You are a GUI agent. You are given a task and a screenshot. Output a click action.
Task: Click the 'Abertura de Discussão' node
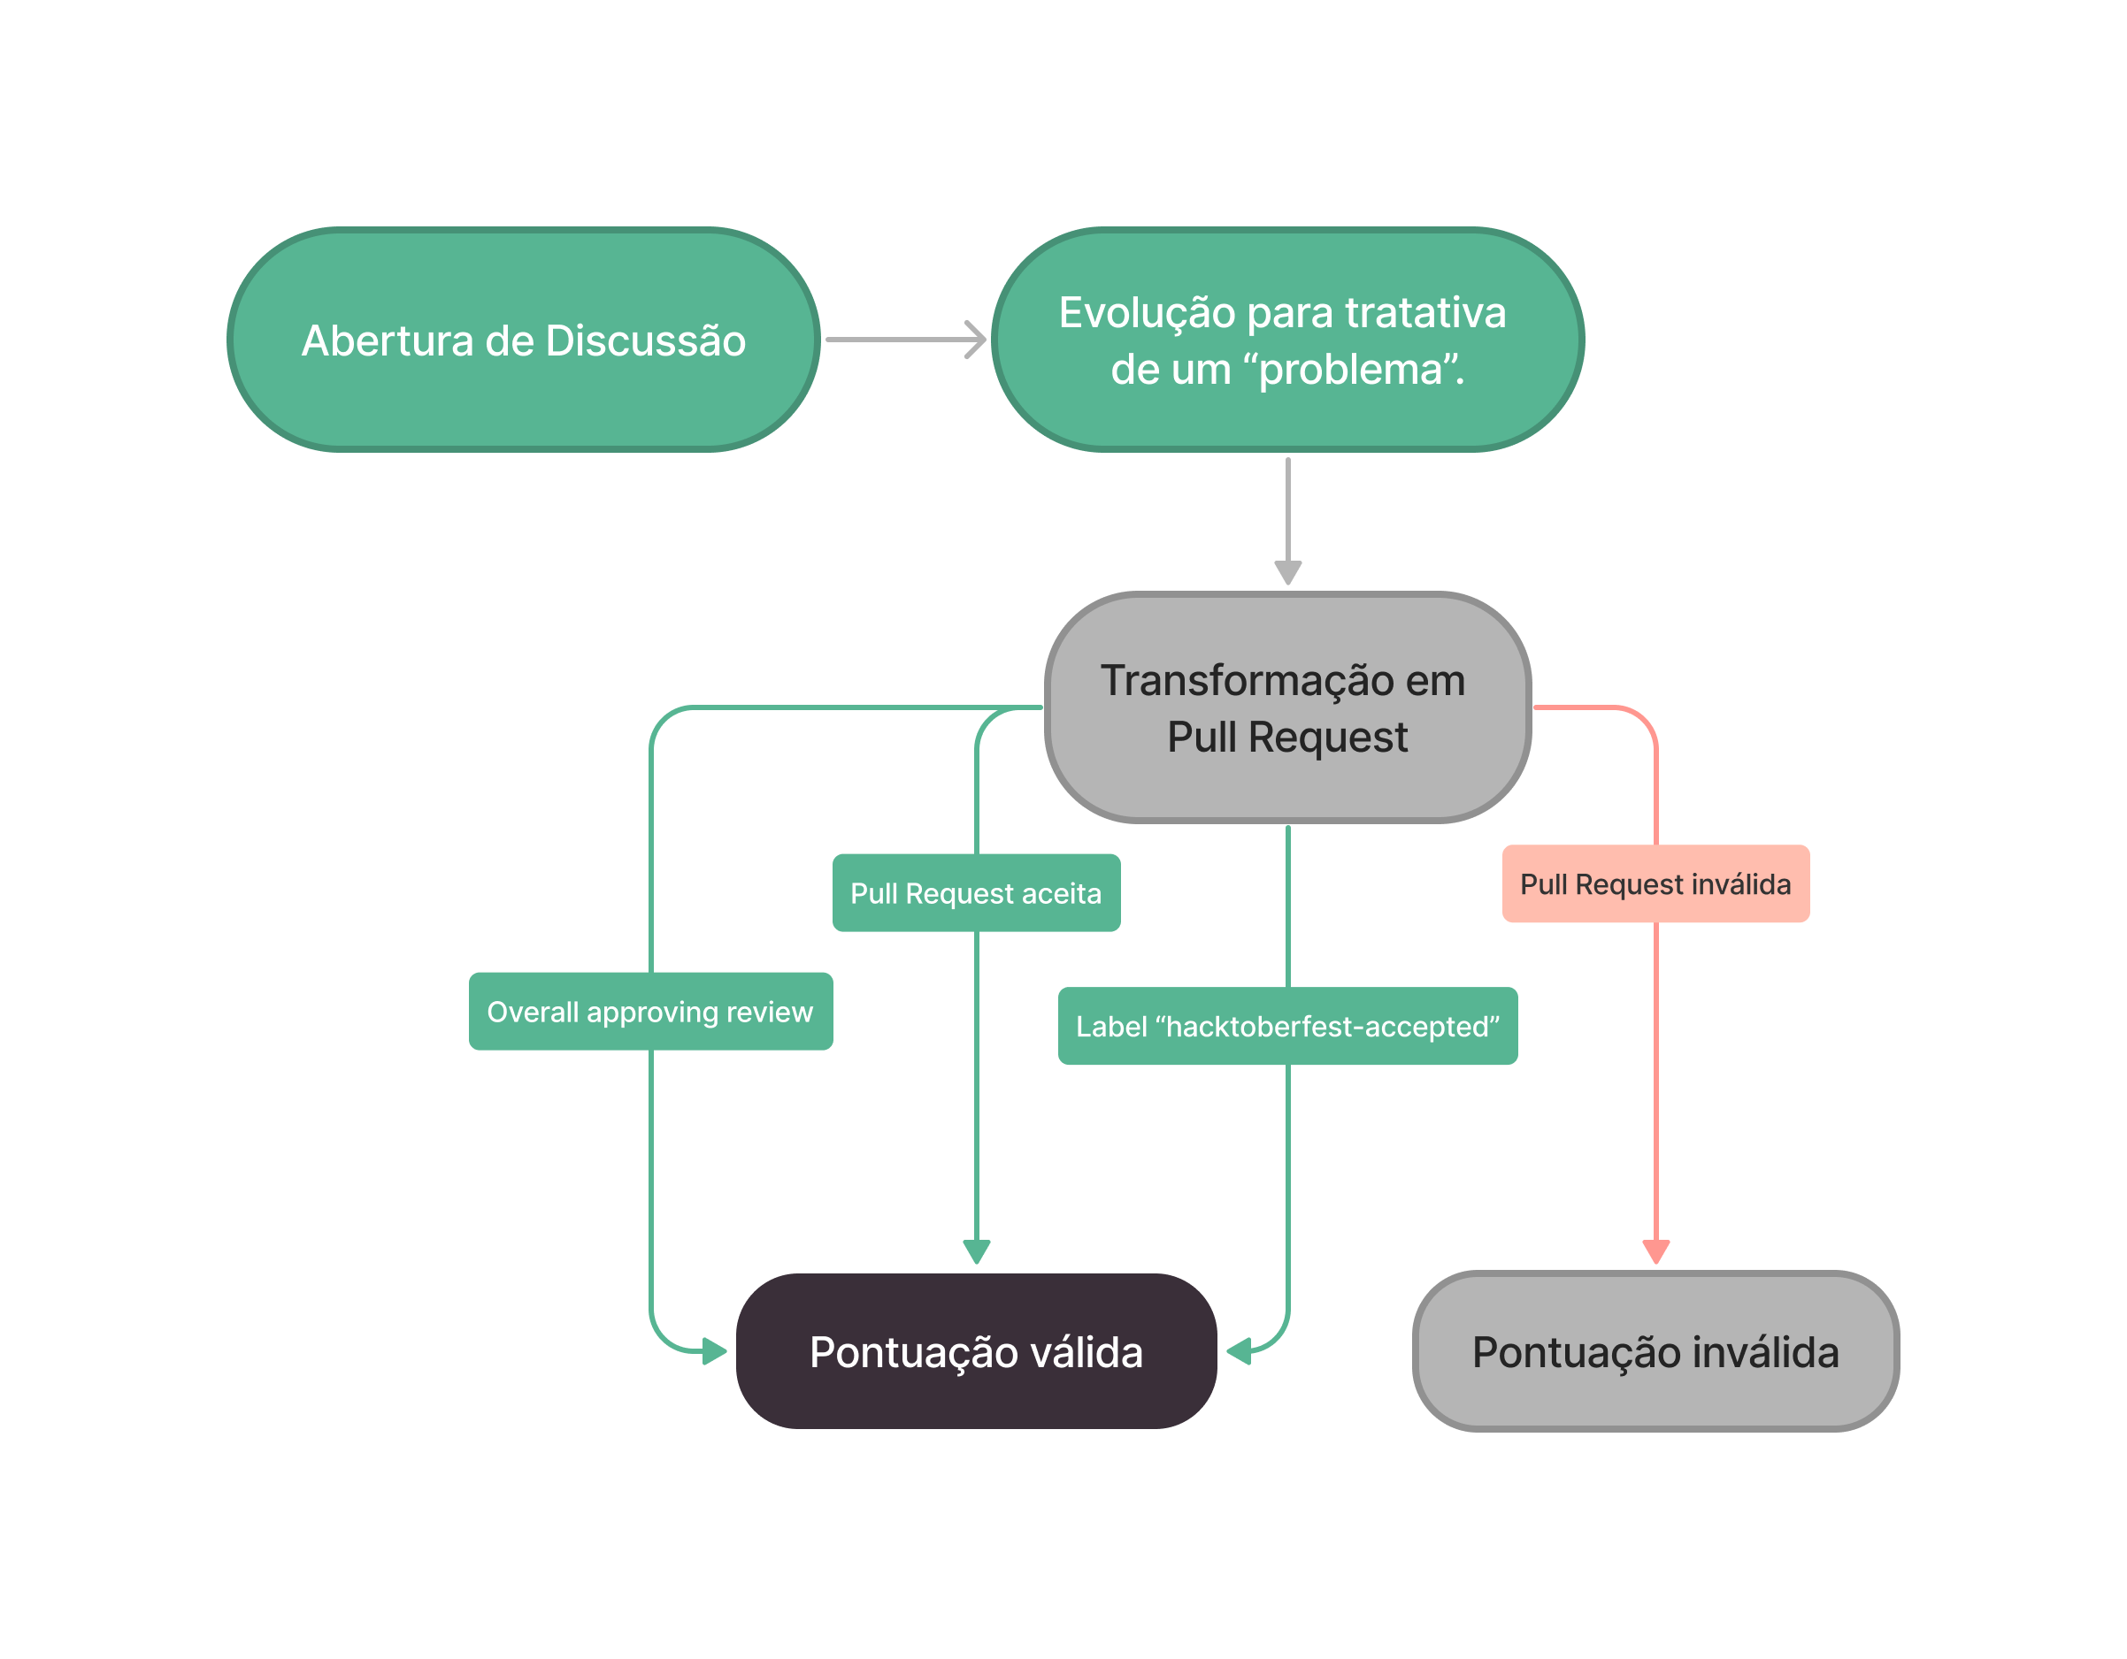[523, 340]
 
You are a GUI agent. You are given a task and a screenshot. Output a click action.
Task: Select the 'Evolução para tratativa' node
[1286, 340]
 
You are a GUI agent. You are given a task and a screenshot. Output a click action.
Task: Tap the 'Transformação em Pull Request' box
[1286, 707]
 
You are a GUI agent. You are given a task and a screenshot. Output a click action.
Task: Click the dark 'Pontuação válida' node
[976, 1351]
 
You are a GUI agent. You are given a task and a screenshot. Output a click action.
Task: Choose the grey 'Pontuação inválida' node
[1655, 1351]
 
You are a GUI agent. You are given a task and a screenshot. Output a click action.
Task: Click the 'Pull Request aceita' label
[976, 893]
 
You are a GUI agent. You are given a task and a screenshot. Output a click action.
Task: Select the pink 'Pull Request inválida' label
[1655, 884]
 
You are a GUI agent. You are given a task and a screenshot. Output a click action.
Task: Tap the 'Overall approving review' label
[649, 1012]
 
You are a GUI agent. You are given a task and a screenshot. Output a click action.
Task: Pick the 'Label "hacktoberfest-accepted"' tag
[1286, 1026]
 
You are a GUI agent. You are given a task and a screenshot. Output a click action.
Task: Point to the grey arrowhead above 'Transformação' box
[1287, 571]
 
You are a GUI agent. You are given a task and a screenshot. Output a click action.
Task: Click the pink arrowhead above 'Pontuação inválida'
[1655, 1251]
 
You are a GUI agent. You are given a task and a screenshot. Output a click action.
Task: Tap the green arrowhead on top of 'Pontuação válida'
[976, 1251]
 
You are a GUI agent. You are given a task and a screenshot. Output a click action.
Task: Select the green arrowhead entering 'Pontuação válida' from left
[714, 1351]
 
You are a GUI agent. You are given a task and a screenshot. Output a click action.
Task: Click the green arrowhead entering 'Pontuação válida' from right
[1239, 1351]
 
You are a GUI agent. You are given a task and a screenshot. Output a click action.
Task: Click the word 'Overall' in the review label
[532, 1012]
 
